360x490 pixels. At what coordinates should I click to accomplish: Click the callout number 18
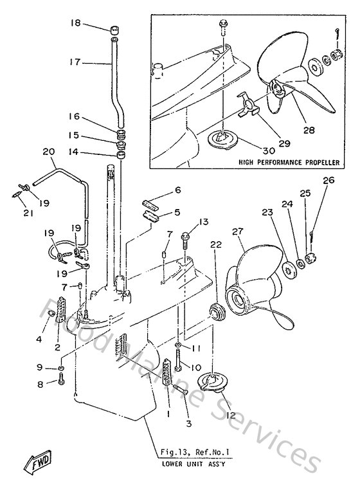point(75,23)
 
